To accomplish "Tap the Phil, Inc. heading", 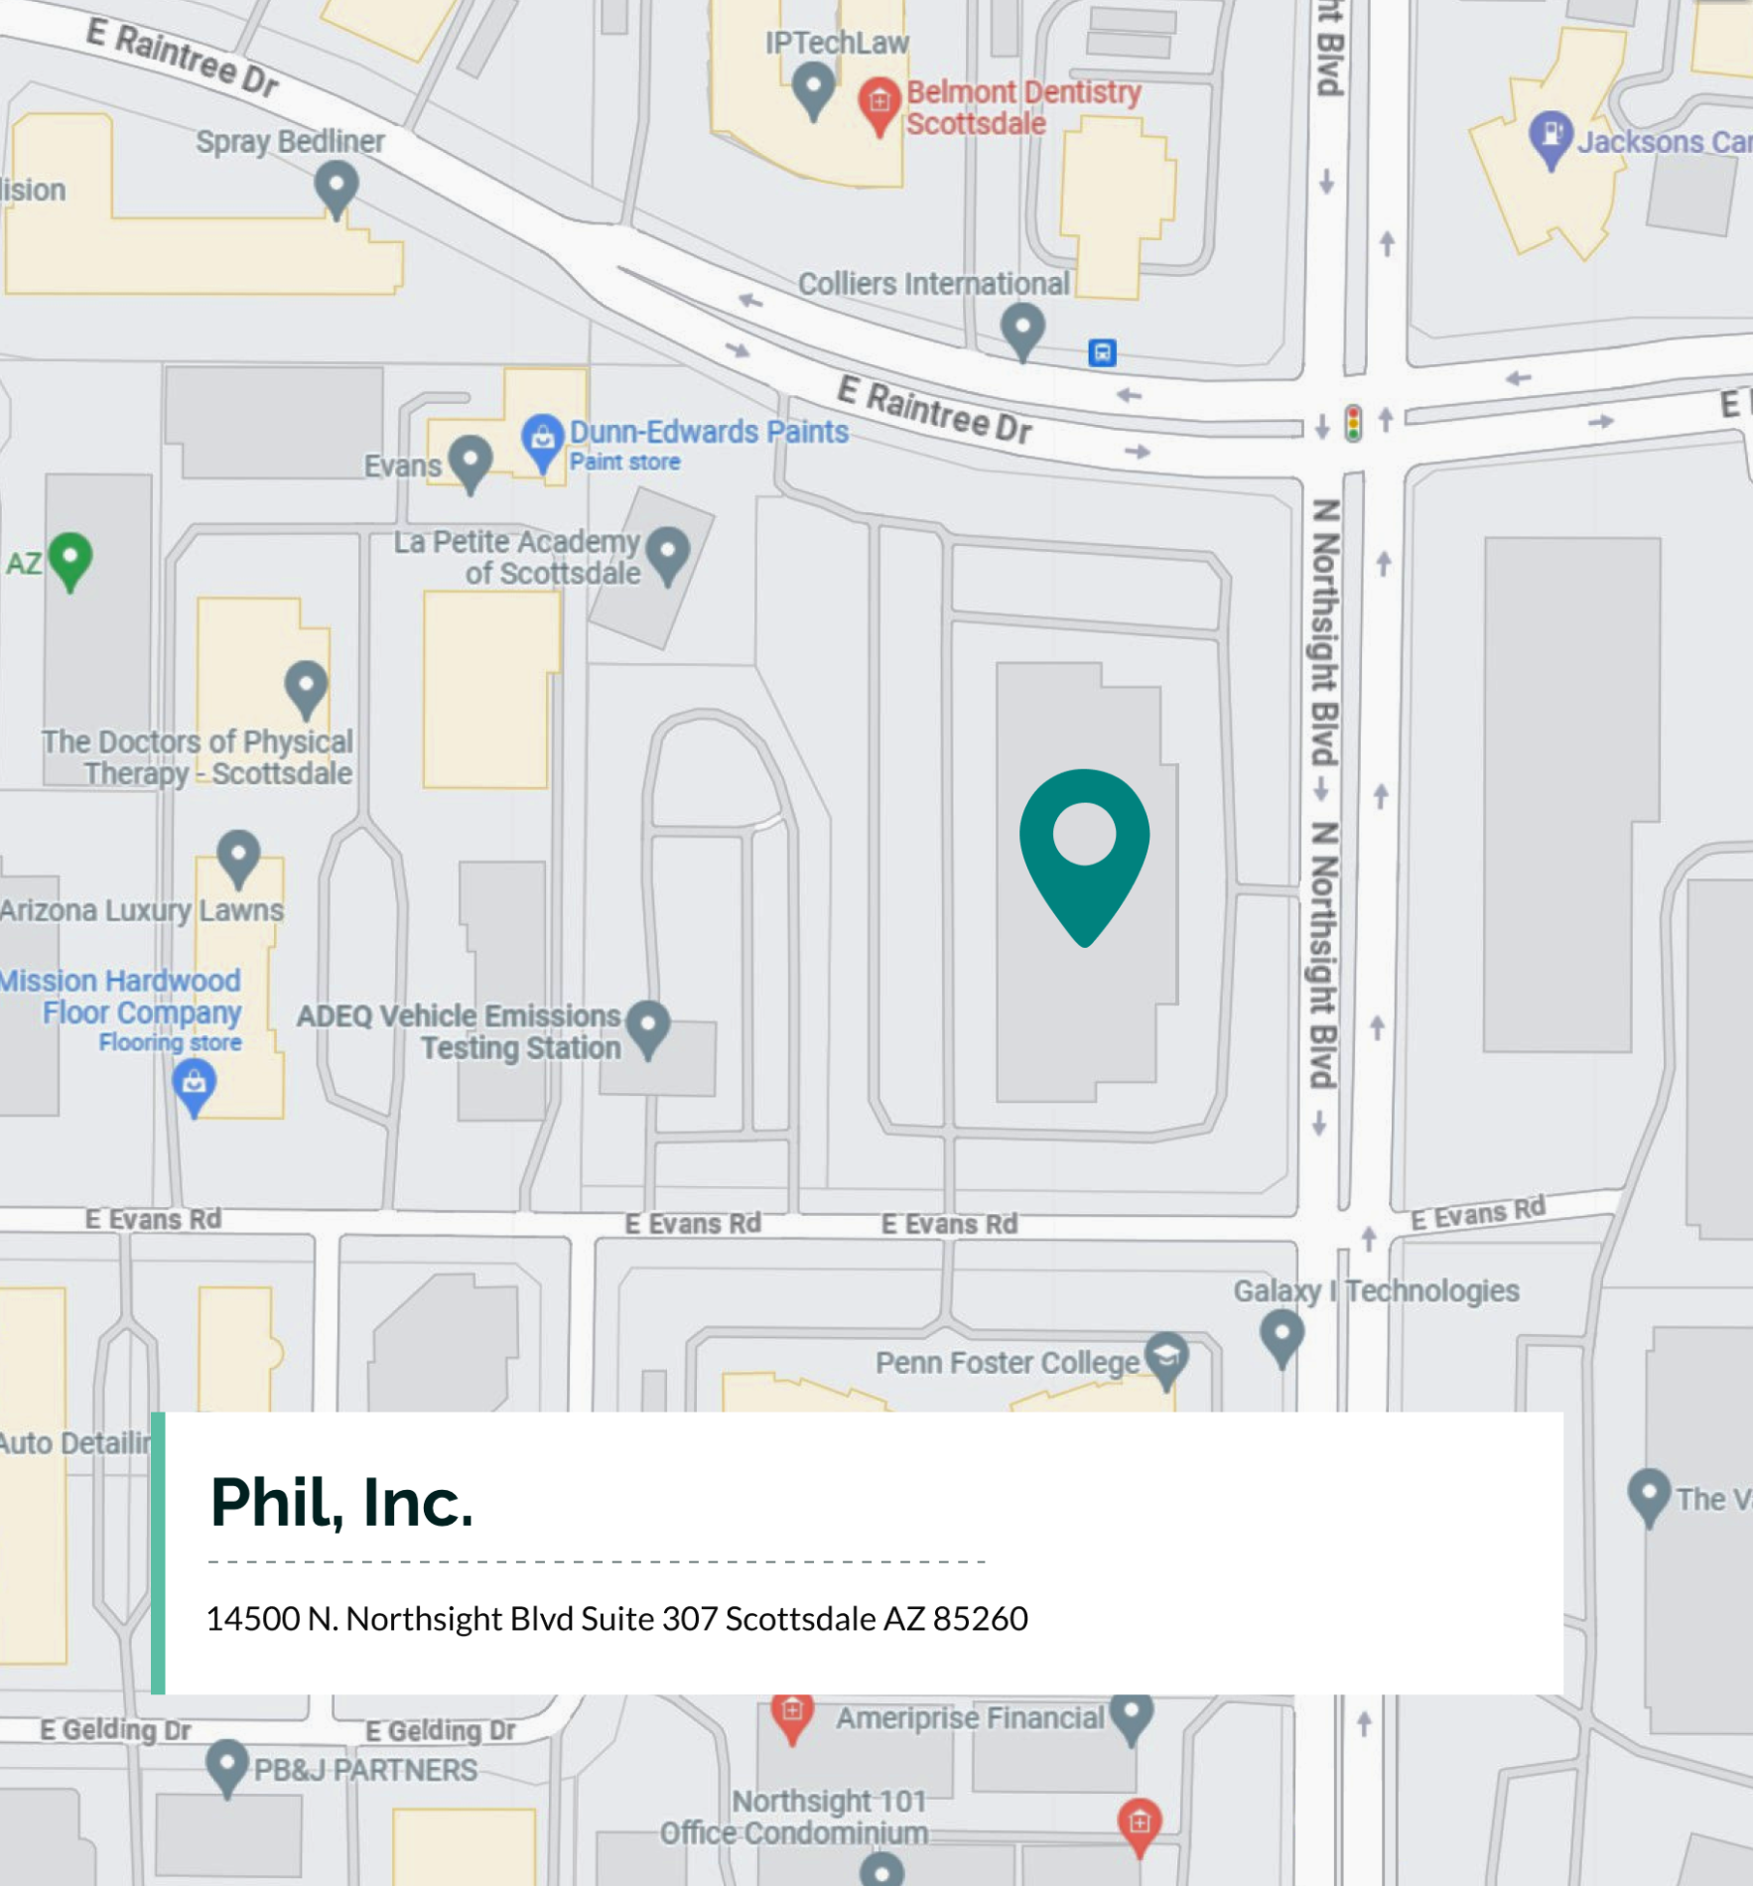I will pos(341,1502).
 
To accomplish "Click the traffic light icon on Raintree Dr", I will pos(1352,423).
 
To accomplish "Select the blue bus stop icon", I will pos(1102,352).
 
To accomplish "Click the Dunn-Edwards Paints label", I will pos(708,432).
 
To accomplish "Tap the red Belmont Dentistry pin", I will pos(878,102).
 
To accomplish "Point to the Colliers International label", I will pos(933,284).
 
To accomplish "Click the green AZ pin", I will pos(70,558).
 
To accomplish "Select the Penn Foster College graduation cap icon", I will pos(1166,1358).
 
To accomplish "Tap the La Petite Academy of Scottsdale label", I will pos(516,557).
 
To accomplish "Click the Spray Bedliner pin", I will pos(337,186).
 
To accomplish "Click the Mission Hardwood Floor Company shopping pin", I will pos(195,1084).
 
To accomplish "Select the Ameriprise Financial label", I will pos(969,1718).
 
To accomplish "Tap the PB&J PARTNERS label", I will pos(364,1770).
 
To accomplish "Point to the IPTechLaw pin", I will pos(814,86).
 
